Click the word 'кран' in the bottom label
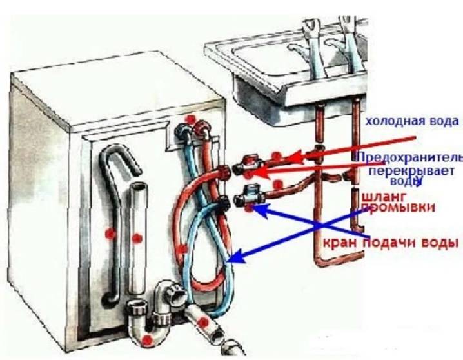pos(341,243)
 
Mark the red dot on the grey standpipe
pos(137,238)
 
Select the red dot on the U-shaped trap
pos(148,339)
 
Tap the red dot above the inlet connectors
pos(190,119)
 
